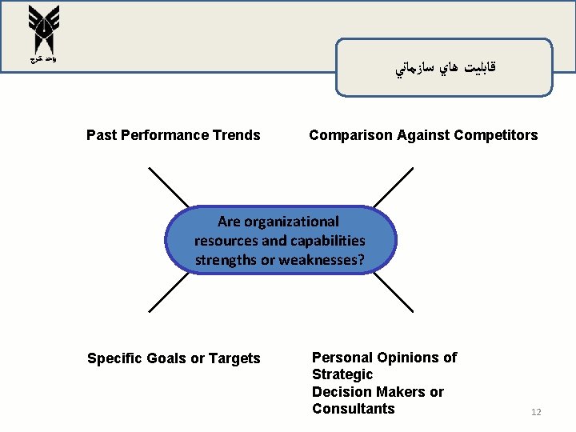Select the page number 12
pos(536,412)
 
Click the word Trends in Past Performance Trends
pos(237,135)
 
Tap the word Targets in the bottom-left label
pos(234,358)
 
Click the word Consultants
pos(353,409)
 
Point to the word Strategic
pos(342,374)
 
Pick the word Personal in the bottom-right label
pos(342,358)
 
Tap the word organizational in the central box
pos(290,222)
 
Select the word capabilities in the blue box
pos(329,240)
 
